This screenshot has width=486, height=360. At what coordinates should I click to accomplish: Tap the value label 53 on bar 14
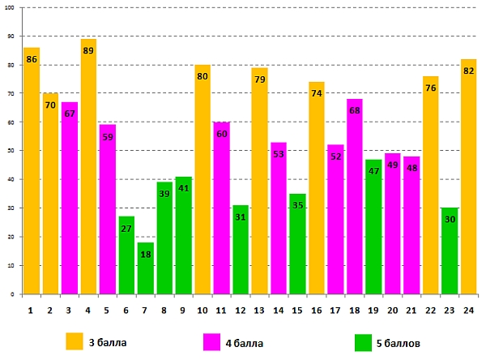tap(278, 154)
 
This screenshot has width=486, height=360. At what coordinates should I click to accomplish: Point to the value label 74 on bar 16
tap(316, 93)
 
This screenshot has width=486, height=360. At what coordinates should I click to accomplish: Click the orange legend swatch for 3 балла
tap(75, 341)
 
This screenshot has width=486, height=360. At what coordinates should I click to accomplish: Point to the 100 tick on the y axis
tap(10, 8)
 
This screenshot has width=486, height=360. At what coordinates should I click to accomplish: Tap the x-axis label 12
tap(240, 310)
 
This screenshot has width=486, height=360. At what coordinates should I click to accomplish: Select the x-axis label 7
tap(146, 310)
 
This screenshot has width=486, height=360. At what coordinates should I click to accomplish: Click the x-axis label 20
tap(392, 310)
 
